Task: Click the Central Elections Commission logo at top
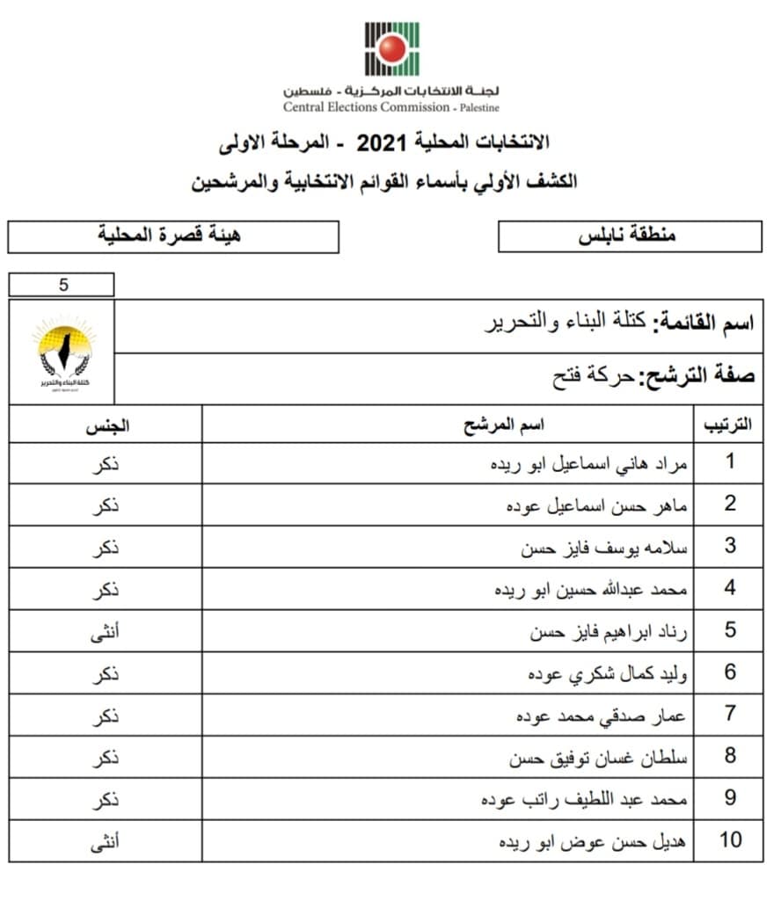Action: pos(391,48)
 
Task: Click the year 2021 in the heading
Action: pos(381,142)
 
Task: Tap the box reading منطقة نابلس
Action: pos(629,236)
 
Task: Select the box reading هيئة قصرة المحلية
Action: pos(172,236)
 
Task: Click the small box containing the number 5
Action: pos(62,285)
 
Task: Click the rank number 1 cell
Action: pos(729,462)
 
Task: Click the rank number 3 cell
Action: pos(729,546)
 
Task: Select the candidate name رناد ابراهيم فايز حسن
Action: pos(608,630)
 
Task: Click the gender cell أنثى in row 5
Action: pos(106,630)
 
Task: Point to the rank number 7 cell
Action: pos(729,714)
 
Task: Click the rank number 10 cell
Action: pos(729,840)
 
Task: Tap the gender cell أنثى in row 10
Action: pos(106,840)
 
